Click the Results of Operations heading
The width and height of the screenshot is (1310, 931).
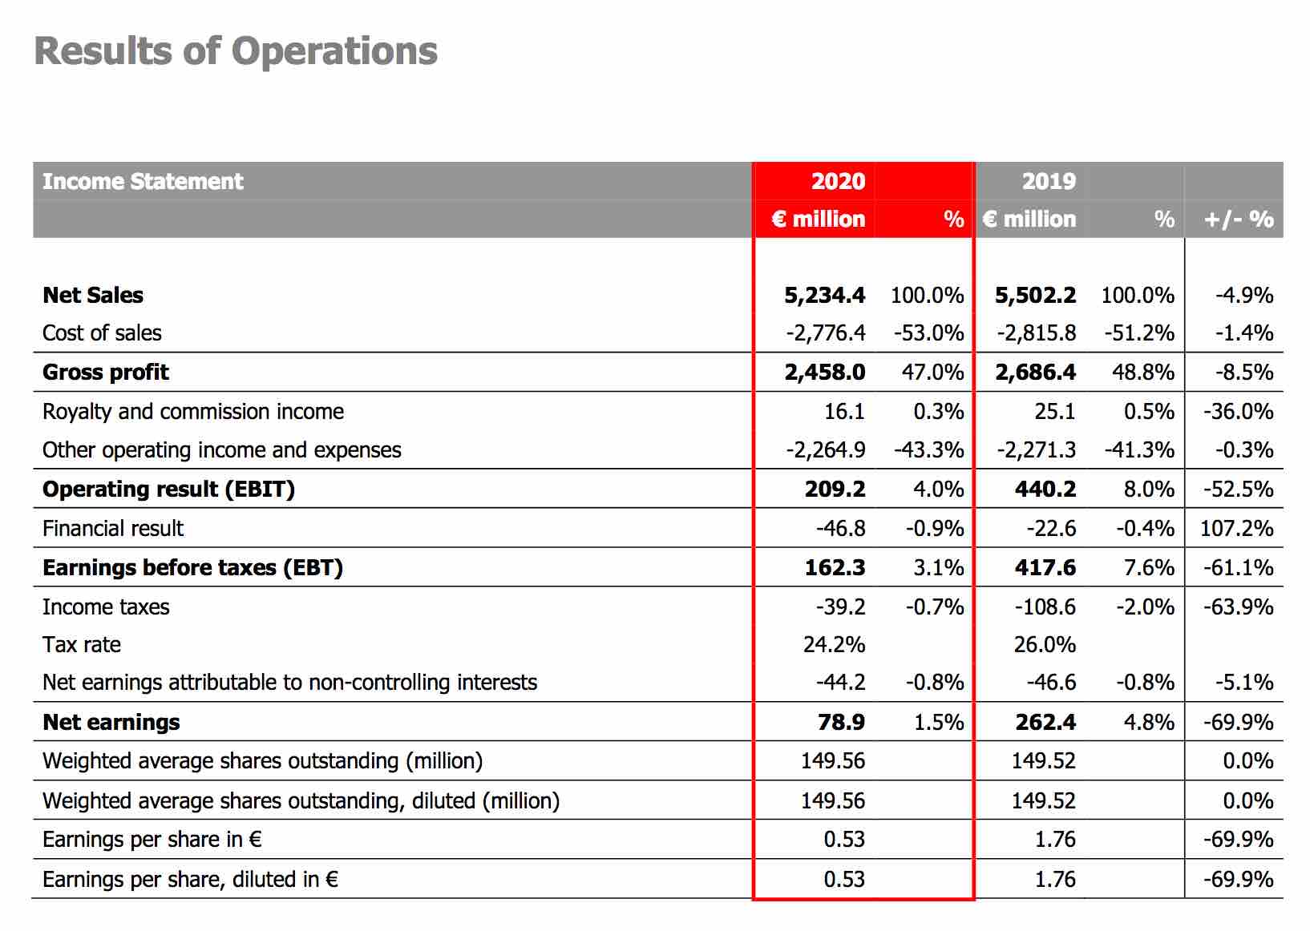click(x=236, y=51)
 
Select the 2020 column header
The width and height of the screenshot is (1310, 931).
click(x=838, y=181)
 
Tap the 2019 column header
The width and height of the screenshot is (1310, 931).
click(x=1049, y=181)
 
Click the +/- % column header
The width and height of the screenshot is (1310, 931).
click(x=1238, y=220)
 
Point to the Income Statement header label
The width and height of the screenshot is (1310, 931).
click(x=143, y=181)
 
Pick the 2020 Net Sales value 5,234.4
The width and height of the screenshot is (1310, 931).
click(x=825, y=295)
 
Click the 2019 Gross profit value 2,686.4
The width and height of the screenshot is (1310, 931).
click(x=1035, y=373)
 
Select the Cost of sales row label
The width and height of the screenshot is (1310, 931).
click(x=102, y=333)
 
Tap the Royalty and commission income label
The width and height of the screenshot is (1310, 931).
click(x=193, y=412)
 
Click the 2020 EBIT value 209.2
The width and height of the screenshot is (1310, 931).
click(x=835, y=490)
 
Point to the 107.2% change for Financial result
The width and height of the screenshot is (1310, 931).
click(x=1236, y=528)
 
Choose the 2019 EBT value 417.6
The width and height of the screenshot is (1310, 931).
click(x=1045, y=567)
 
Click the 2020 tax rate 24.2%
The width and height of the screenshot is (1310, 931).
click(x=834, y=645)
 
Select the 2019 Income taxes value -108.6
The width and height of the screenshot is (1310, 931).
click(x=1045, y=607)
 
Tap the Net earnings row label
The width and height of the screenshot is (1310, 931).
click(x=111, y=723)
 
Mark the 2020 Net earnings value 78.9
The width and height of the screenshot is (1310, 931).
click(x=841, y=723)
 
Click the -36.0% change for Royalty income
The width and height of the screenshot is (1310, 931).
click(x=1238, y=412)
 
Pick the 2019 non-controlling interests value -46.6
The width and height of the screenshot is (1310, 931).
click(x=1051, y=683)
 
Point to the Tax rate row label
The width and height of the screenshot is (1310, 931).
click(x=82, y=645)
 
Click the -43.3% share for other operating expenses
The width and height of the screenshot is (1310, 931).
click(x=928, y=450)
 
